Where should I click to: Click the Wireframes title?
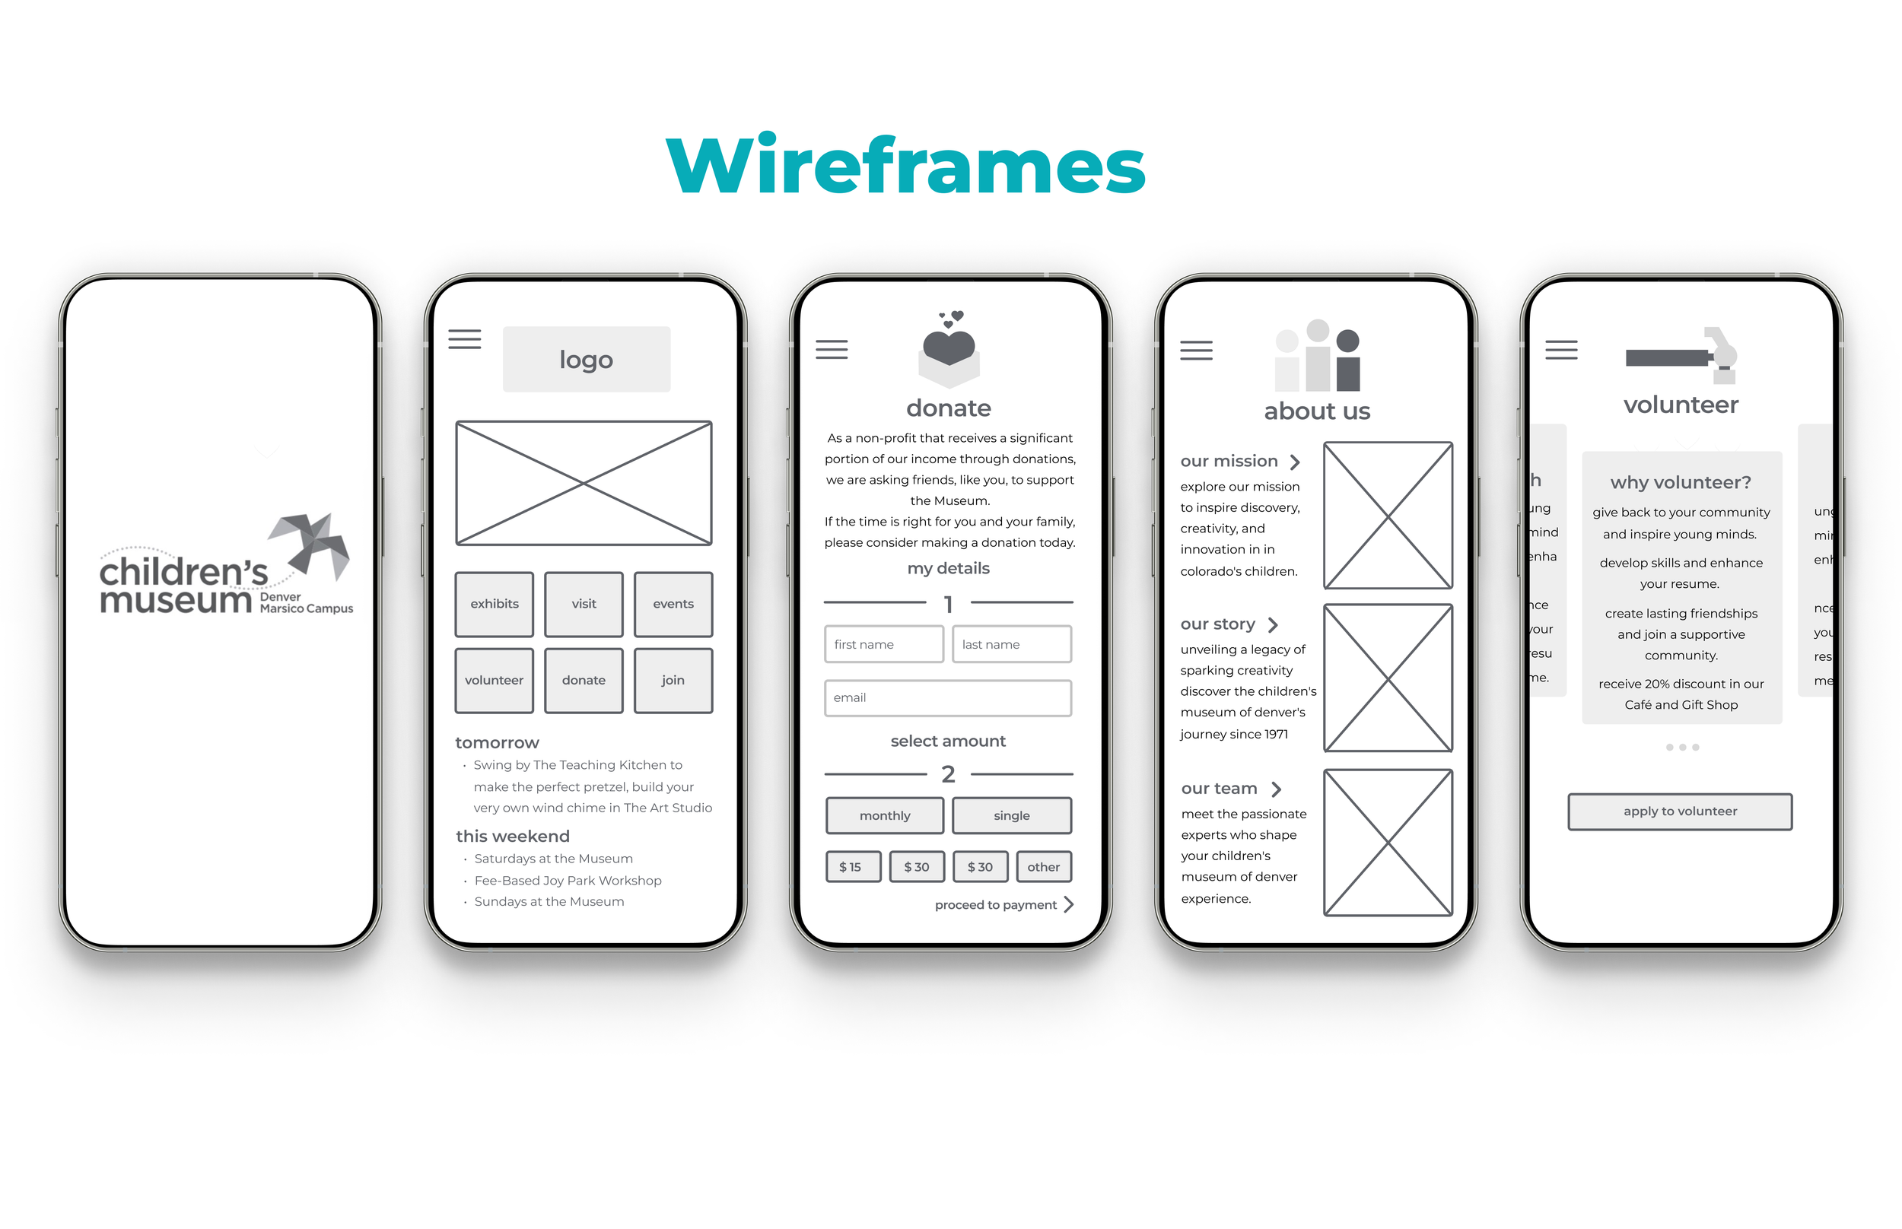click(x=905, y=165)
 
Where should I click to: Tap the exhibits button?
click(x=494, y=604)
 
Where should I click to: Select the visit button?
click(x=584, y=604)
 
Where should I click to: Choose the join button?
click(x=673, y=680)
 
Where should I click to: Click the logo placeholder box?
click(x=586, y=359)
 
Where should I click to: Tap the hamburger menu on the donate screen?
click(x=831, y=350)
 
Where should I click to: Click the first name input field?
click(x=883, y=644)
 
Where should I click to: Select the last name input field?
click(x=1011, y=644)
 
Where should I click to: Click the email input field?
click(x=947, y=697)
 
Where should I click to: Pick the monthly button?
click(x=884, y=815)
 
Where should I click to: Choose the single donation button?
click(x=1011, y=815)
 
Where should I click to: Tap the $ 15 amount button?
click(x=852, y=867)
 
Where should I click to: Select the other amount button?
click(x=1043, y=867)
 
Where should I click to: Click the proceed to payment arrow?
click(x=1069, y=904)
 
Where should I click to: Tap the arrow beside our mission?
click(x=1295, y=462)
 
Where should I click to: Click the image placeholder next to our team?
click(x=1387, y=842)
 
